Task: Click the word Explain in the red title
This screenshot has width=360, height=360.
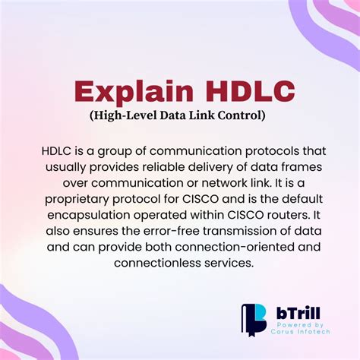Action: tap(128, 92)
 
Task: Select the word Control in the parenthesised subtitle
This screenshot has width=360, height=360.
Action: tap(242, 115)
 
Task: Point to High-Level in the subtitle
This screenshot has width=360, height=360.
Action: tap(117, 115)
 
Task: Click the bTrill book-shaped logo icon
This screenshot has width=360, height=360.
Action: tap(254, 320)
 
